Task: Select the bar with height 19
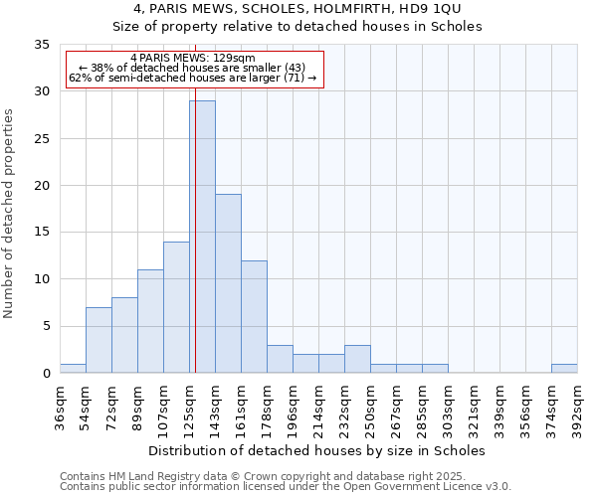(x=228, y=283)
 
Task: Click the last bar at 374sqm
(x=564, y=369)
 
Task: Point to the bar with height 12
(x=254, y=316)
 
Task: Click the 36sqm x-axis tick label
(x=60, y=407)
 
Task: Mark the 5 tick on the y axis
(x=45, y=326)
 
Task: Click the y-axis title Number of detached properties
(x=10, y=214)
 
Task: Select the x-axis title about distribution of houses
(x=315, y=450)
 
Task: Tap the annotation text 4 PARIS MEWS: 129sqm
(x=193, y=58)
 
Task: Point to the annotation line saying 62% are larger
(x=193, y=78)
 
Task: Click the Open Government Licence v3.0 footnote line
(x=286, y=487)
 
